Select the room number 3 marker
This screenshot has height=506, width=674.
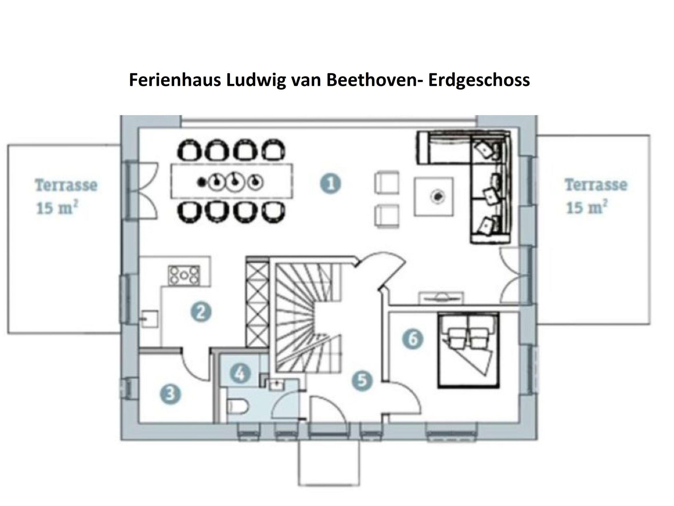(x=170, y=394)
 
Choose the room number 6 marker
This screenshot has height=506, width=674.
(x=413, y=338)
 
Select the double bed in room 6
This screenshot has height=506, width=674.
(x=469, y=350)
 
